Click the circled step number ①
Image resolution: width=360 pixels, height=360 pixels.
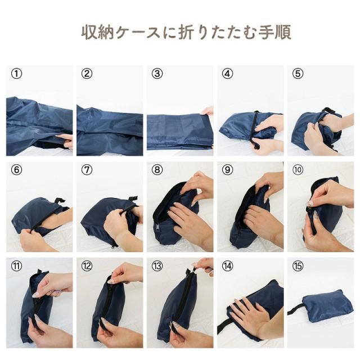click(17, 74)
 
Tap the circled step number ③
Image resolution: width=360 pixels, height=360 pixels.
click(157, 74)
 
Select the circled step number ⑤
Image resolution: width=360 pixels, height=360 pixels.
click(298, 74)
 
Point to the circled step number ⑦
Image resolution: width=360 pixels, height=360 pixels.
click(87, 170)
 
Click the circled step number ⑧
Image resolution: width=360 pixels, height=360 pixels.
click(157, 170)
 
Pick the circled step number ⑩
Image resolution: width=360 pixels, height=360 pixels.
click(298, 170)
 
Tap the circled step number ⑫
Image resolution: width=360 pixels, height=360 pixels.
click(87, 266)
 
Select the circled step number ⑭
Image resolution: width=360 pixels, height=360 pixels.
click(227, 266)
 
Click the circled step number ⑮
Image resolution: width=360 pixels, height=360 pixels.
click(298, 266)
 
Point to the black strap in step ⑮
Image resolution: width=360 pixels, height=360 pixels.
click(296, 309)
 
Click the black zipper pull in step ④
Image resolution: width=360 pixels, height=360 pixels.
click(255, 145)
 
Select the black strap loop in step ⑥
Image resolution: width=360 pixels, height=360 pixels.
click(58, 201)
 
